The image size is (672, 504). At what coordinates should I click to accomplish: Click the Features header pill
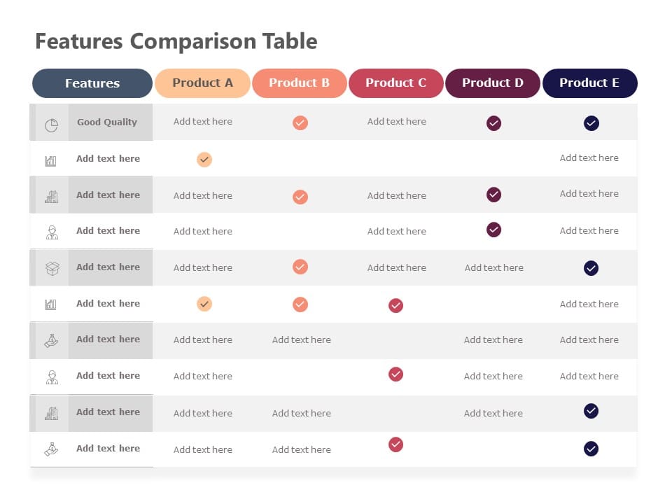(x=92, y=83)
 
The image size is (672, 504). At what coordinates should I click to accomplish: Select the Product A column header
(x=202, y=83)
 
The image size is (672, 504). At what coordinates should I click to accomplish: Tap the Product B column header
(x=299, y=83)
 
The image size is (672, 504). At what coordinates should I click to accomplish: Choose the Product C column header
(x=395, y=83)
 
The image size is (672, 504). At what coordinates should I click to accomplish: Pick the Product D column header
(x=492, y=83)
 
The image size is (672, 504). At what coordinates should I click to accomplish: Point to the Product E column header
(x=589, y=83)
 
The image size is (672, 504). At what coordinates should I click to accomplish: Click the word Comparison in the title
(x=194, y=41)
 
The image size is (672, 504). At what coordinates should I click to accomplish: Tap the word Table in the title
(x=290, y=41)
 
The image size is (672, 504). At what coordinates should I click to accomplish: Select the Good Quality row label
(x=107, y=122)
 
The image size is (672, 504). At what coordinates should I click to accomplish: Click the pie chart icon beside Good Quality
(x=51, y=125)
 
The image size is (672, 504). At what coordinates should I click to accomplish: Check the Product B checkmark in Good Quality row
(x=300, y=123)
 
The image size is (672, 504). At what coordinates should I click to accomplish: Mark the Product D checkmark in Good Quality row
(x=493, y=123)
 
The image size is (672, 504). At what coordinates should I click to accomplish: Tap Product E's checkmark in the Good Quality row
(x=591, y=123)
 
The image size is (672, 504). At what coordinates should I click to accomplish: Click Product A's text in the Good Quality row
(x=203, y=122)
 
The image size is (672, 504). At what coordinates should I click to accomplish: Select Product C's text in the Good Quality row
(x=396, y=122)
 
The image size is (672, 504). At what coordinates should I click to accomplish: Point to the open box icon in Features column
(x=52, y=268)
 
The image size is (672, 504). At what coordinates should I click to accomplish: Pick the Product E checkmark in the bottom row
(x=591, y=449)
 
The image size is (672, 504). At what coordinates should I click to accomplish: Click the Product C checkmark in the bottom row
(x=395, y=444)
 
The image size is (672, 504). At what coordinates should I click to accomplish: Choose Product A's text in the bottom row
(x=203, y=449)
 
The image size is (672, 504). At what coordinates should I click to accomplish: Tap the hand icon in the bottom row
(x=51, y=449)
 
